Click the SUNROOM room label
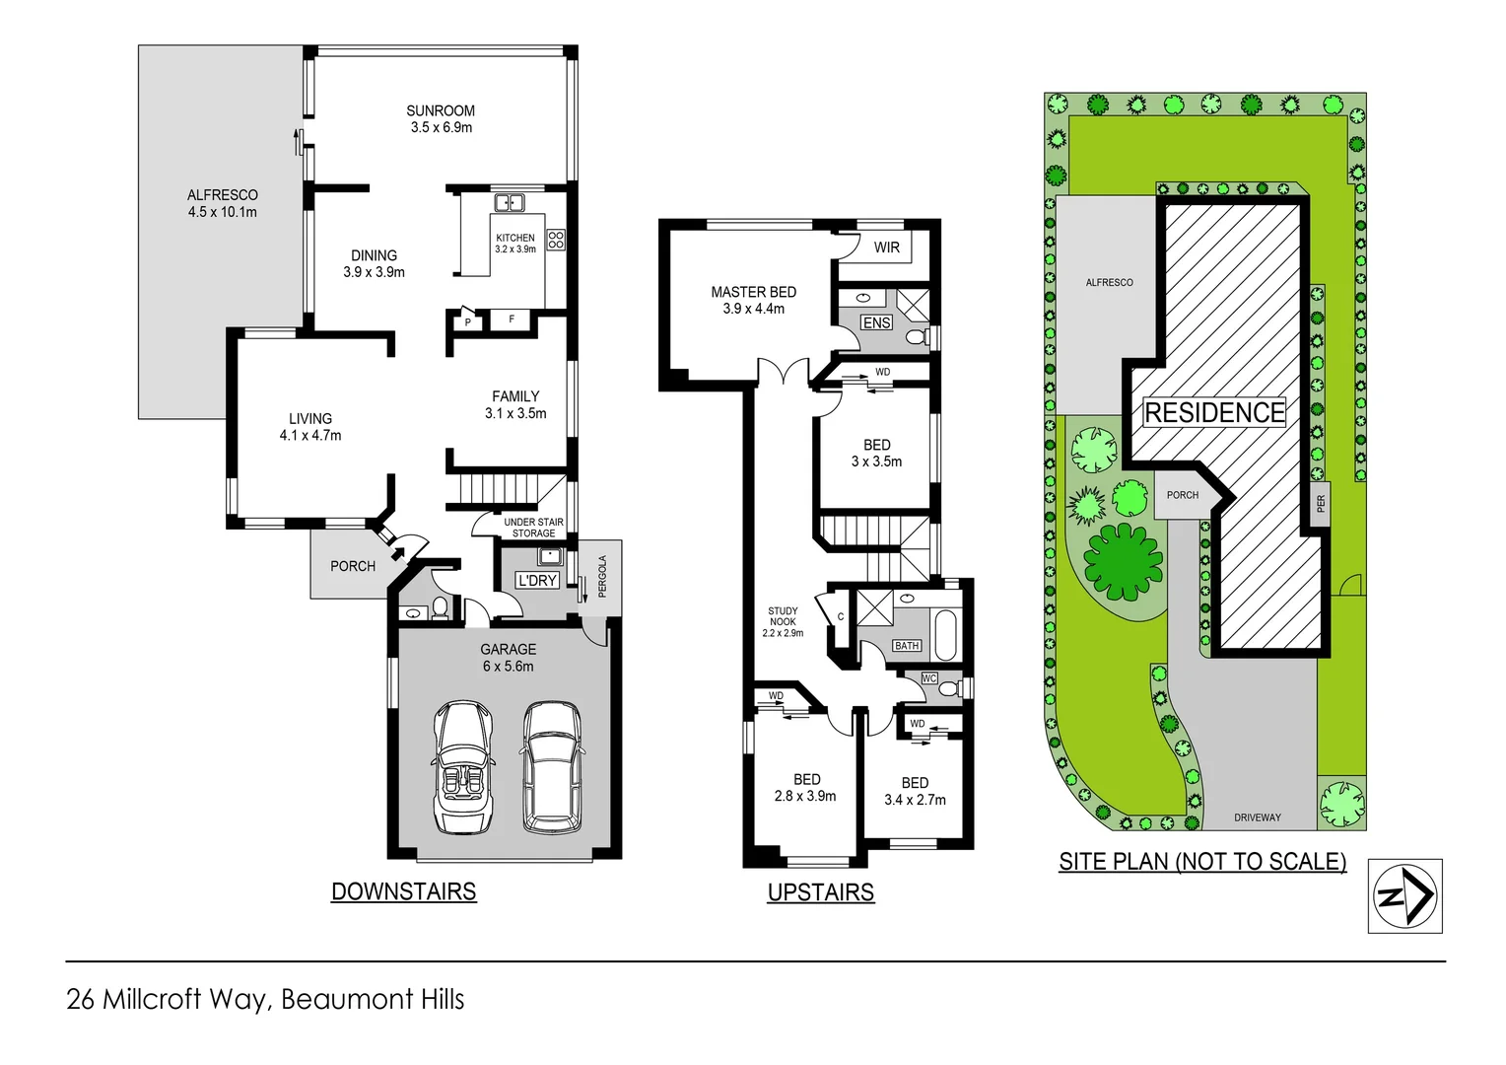(x=441, y=118)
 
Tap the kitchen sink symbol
(x=509, y=203)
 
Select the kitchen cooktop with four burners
(x=556, y=239)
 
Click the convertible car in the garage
(x=462, y=767)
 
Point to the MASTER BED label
(x=753, y=300)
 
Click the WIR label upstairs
(x=886, y=248)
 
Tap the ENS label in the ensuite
(x=876, y=322)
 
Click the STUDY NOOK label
(x=783, y=622)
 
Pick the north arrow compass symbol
(x=1404, y=896)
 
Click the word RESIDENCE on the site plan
(x=1214, y=412)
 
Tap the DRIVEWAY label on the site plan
(x=1257, y=817)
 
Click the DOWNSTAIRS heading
(x=403, y=891)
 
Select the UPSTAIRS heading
(x=820, y=892)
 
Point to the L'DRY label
(x=537, y=581)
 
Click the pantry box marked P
(x=467, y=321)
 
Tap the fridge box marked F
(x=511, y=319)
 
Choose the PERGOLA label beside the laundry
(x=602, y=576)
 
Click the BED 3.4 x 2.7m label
(x=915, y=791)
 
